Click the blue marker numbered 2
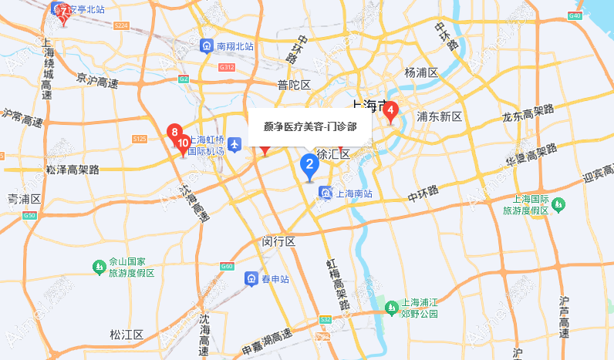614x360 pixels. point(309,165)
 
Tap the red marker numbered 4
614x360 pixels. point(391,112)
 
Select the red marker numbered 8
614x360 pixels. point(175,132)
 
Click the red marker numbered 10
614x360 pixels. point(183,143)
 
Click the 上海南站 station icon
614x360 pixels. point(327,193)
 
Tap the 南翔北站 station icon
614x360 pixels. point(207,46)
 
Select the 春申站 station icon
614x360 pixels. point(251,278)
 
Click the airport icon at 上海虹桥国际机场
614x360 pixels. point(234,143)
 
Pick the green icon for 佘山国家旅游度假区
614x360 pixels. point(99,267)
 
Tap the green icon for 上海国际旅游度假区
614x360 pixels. point(559,204)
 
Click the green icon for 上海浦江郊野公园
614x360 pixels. point(390,308)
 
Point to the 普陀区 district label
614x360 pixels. point(294,85)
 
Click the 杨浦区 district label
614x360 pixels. point(421,72)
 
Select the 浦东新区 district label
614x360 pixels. point(439,117)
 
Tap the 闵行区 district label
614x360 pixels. point(279,242)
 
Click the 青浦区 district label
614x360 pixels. point(24,200)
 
